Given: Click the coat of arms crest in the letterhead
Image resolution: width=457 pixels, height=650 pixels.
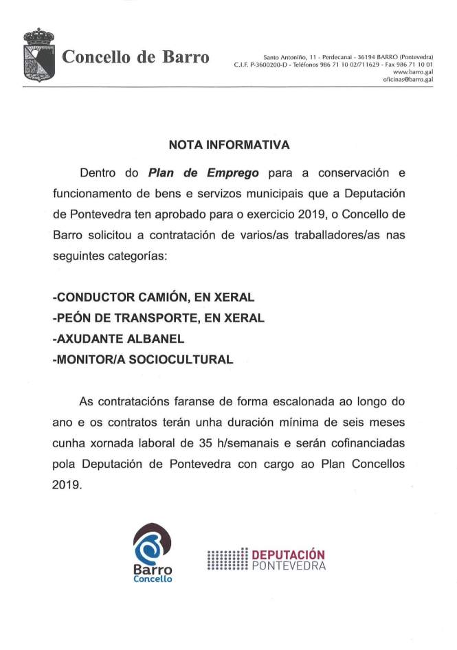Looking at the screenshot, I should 38,55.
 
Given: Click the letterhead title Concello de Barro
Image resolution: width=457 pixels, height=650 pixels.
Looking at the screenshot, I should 136,57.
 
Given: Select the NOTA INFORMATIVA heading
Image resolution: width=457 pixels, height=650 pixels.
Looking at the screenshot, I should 229,146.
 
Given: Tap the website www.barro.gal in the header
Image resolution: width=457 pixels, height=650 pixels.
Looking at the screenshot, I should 413,72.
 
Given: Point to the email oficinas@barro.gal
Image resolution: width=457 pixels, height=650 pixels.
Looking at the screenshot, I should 408,80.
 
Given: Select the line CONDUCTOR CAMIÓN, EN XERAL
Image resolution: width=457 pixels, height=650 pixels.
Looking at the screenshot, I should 153,298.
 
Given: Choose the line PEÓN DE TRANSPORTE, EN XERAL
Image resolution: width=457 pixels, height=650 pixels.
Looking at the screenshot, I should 158,318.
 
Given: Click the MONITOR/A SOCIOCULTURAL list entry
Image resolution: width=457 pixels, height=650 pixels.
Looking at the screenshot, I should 143,359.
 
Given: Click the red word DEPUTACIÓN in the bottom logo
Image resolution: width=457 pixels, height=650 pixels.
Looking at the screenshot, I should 288,554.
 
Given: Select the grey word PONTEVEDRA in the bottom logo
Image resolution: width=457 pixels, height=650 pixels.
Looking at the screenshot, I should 288,566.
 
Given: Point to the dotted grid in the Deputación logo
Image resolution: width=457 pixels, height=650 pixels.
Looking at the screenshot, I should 227,560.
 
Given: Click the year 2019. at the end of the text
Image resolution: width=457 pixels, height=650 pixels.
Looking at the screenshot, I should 67,484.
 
